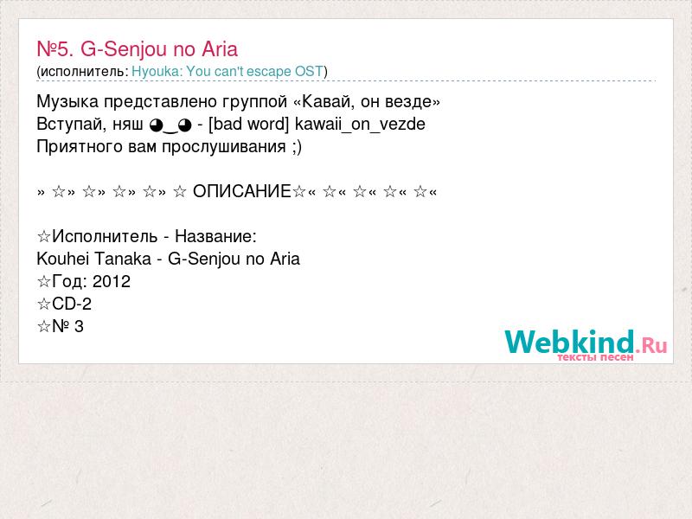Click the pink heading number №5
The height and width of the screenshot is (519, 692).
click(55, 49)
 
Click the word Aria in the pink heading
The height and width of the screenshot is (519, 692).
click(220, 49)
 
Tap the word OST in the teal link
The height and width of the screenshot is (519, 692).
click(309, 71)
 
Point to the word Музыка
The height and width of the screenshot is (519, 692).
click(67, 102)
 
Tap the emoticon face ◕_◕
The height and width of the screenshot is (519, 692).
click(170, 125)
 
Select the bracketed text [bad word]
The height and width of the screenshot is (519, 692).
click(248, 124)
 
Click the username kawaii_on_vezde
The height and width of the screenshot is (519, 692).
click(360, 125)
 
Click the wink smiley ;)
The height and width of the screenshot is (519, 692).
click(297, 147)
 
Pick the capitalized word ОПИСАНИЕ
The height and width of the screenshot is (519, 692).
click(242, 191)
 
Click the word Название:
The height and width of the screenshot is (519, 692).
click(215, 236)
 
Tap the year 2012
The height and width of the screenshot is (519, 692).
click(112, 282)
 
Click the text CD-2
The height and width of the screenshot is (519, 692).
click(72, 304)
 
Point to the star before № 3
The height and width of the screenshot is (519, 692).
click(44, 327)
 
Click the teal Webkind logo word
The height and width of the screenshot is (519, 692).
click(570, 342)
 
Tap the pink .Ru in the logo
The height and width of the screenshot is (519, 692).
click(651, 344)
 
